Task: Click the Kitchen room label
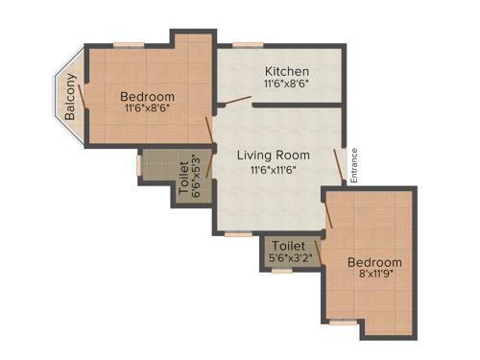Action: [287, 71]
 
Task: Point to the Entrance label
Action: [353, 164]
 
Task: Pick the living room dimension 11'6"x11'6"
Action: [274, 170]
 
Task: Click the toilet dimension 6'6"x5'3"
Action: [198, 175]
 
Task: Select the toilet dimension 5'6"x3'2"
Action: [288, 258]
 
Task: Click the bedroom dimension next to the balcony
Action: [148, 109]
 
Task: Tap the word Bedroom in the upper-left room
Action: [148, 96]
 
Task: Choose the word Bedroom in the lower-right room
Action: [374, 262]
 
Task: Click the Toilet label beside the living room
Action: [183, 176]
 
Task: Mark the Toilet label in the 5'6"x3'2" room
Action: [288, 245]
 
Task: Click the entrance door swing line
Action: [340, 165]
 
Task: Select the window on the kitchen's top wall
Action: [248, 43]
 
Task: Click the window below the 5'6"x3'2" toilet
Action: [281, 271]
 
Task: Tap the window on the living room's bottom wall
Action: [238, 233]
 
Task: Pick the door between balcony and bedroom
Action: [86, 93]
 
